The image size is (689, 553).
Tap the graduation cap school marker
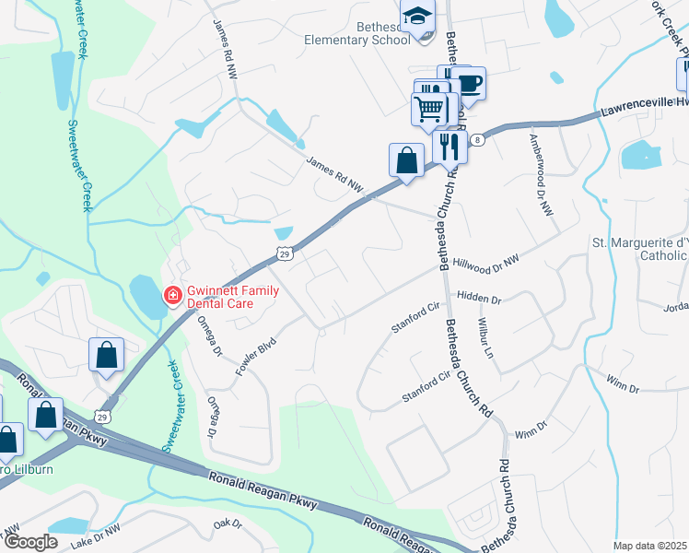[416, 16]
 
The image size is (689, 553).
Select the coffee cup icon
[469, 83]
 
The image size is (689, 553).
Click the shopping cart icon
[429, 109]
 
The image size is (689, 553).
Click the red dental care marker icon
[172, 295]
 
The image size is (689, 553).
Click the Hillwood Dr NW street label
[487, 263]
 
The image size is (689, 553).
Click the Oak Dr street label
[227, 524]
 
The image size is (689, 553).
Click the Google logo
[29, 543]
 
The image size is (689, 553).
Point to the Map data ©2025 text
[649, 546]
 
